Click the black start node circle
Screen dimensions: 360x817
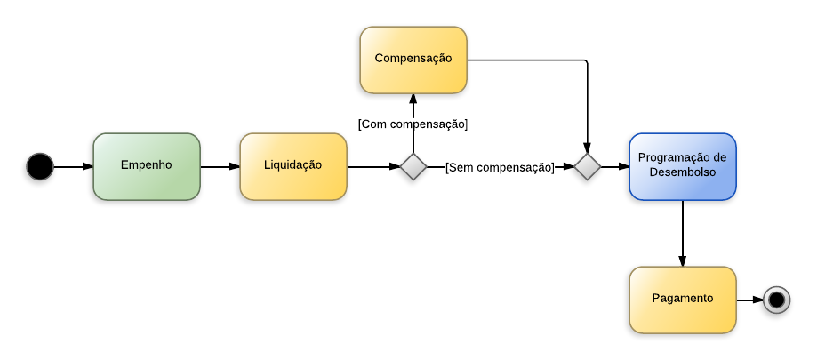pos(40,166)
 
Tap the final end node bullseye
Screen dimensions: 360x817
pos(776,300)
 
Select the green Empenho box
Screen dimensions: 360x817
pos(147,166)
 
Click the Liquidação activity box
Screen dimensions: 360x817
pos(293,166)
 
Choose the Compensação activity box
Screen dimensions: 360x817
pos(413,60)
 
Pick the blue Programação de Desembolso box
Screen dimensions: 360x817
pos(683,166)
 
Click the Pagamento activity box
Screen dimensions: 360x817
pos(683,300)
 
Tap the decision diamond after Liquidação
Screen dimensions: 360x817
pos(413,166)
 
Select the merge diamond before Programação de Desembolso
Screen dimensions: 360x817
pos(588,166)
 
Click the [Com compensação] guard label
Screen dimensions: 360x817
pos(413,124)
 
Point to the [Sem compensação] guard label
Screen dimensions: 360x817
pos(500,166)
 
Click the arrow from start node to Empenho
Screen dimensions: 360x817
pos(73,166)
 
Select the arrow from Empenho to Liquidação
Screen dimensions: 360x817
pos(220,166)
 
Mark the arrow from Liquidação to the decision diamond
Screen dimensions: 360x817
pos(373,166)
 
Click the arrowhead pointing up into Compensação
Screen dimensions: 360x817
pos(413,99)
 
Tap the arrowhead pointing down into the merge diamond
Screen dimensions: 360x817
pos(588,147)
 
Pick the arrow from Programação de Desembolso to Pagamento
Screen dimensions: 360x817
pos(683,233)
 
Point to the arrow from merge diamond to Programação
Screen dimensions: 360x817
pos(615,166)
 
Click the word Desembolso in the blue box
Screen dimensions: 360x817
pos(683,173)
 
